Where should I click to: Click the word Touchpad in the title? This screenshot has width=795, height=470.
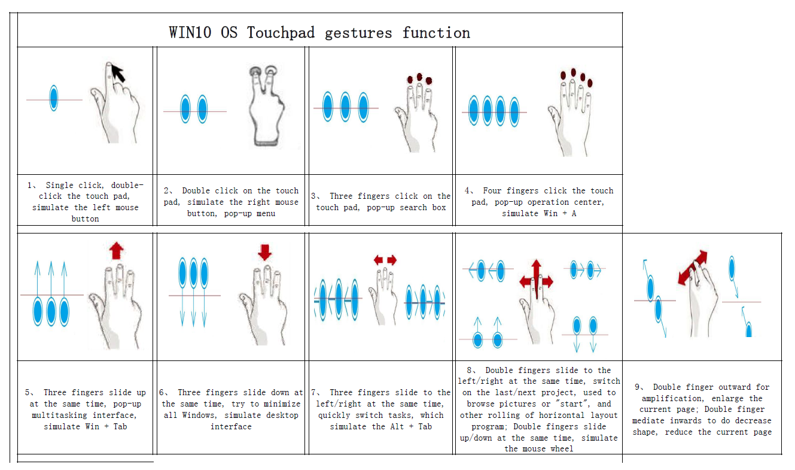pyautogui.click(x=281, y=33)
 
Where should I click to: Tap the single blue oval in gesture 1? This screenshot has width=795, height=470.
pyautogui.click(x=54, y=98)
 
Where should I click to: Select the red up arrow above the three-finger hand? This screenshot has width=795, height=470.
pyautogui.click(x=117, y=251)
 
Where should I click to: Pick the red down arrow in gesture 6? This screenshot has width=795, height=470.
pyautogui.click(x=265, y=252)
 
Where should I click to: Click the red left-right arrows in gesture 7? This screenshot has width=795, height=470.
pyautogui.click(x=385, y=260)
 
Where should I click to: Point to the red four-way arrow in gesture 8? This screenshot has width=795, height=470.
pyautogui.click(x=536, y=281)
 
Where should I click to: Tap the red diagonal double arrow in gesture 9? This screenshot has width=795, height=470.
pyautogui.click(x=693, y=268)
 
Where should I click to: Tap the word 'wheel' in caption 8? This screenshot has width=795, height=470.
pyautogui.click(x=562, y=448)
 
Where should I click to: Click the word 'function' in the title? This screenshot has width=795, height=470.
pyautogui.click(x=436, y=33)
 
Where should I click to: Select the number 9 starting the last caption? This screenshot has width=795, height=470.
pyautogui.click(x=637, y=387)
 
